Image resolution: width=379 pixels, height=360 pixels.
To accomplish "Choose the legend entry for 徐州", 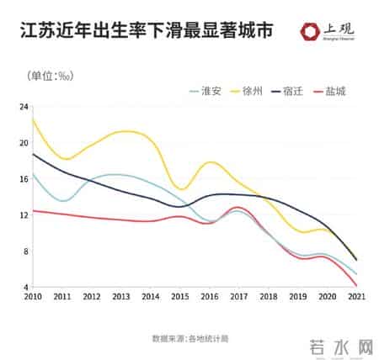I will (252, 91).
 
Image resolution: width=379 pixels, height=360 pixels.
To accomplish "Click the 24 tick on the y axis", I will (24, 106).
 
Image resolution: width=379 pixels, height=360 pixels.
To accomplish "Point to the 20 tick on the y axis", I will (24, 142).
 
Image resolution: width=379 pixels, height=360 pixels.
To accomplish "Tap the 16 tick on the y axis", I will (24, 178).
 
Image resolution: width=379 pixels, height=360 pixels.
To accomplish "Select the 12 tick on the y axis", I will (24, 214).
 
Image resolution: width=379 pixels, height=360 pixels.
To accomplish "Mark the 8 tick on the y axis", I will (25, 251).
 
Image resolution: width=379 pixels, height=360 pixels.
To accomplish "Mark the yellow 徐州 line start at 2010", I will (33, 119).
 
